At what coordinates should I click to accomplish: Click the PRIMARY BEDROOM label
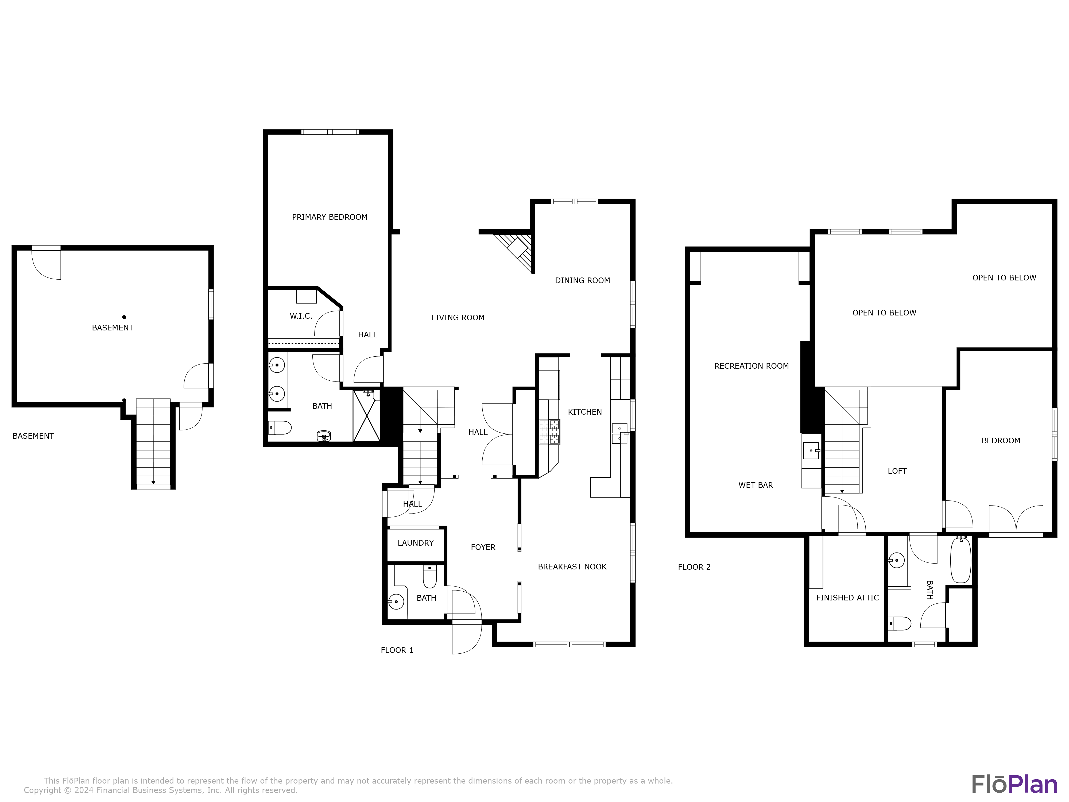[x=330, y=217]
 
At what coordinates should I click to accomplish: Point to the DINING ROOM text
[x=582, y=280]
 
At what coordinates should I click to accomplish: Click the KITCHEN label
[x=585, y=412]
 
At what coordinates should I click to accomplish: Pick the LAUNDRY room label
[x=416, y=543]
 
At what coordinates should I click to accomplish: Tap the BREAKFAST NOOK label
[x=572, y=566]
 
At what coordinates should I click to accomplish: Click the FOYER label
[x=483, y=547]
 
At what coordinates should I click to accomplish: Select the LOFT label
[x=897, y=471]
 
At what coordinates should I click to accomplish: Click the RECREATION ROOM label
[x=752, y=366]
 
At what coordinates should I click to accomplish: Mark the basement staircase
[x=153, y=442]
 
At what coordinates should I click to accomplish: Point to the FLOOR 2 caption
[x=694, y=567]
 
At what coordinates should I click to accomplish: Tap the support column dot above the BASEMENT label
[x=124, y=317]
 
